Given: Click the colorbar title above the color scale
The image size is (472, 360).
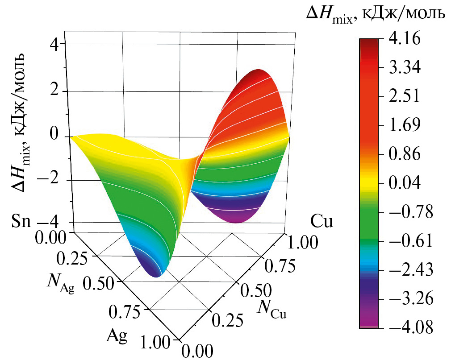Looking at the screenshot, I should click(376, 14).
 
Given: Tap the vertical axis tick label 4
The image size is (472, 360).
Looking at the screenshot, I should click(56, 46).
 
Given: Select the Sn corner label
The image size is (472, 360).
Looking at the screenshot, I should click(21, 221).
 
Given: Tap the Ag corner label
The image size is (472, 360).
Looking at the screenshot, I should click(117, 334).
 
